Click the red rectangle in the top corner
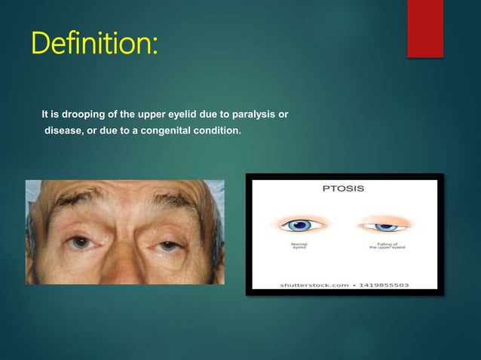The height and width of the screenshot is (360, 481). coord(424,28)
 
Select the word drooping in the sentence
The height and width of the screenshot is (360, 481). coord(78,114)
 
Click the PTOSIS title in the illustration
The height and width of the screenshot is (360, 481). coord(344,188)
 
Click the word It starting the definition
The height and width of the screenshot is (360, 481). coord(45,114)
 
